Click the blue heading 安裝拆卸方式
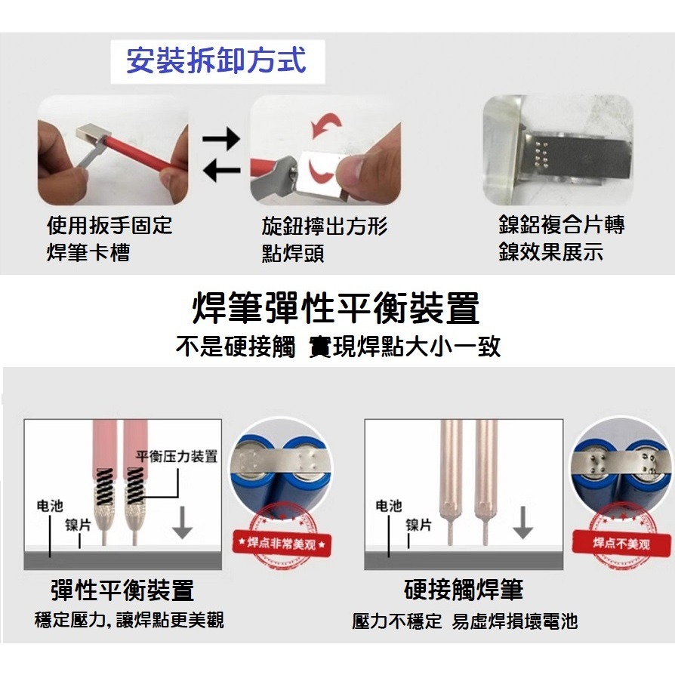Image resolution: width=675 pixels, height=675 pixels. tap(217, 60)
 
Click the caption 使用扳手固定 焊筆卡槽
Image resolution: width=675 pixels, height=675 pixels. tap(109, 238)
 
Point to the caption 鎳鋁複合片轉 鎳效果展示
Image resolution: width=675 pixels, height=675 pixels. tap(561, 238)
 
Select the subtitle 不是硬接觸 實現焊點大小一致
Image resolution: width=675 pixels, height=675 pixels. tap(337, 347)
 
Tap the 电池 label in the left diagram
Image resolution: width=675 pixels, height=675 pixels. tap(50, 506)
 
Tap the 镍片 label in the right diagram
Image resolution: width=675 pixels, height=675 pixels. tap(418, 524)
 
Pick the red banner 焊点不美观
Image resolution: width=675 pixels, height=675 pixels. tap(621, 542)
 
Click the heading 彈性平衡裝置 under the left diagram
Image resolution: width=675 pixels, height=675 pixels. tap(122, 590)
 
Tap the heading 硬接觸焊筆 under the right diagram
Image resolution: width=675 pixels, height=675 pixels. tap(464, 590)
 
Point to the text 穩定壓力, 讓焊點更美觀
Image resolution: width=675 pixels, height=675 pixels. tap(129, 621)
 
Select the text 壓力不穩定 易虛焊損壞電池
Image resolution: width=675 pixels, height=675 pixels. tap(464, 621)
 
